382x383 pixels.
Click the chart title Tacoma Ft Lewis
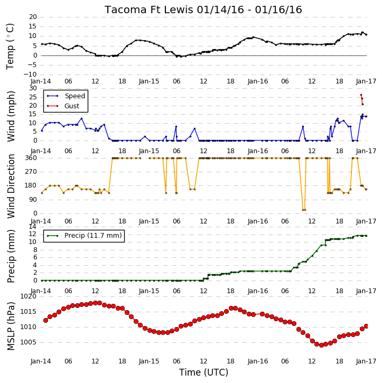[149, 10]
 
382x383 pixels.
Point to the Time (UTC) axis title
[204, 372]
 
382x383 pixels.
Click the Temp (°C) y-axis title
[10, 46]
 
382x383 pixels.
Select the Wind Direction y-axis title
[11, 186]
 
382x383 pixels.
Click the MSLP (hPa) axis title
[11, 326]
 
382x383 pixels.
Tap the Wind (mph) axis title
[11, 116]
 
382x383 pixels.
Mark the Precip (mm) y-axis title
[11, 256]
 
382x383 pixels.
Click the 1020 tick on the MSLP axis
[29, 296]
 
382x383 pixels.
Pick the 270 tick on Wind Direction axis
[31, 172]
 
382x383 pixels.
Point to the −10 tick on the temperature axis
[30, 74]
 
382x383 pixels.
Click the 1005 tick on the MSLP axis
[29, 342]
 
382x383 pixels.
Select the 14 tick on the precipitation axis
[33, 227]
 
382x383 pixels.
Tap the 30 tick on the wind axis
[33, 88]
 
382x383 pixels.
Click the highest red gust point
[361, 95]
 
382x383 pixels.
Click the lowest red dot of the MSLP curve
[321, 345]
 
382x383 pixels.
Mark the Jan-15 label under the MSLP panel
[149, 361]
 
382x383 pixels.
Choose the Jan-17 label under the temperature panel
[366, 81]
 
